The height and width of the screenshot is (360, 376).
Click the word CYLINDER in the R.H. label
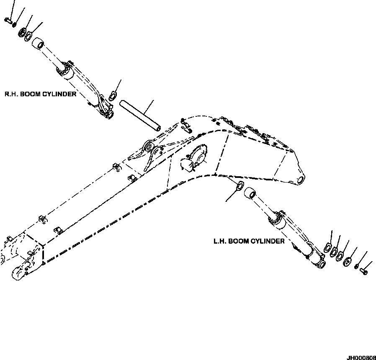point(60,94)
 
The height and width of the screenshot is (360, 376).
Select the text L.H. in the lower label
point(219,241)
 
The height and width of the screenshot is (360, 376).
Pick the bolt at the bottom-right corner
point(363,272)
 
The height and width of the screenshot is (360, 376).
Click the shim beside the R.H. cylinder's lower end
point(112,96)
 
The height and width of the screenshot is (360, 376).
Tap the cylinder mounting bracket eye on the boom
point(148,147)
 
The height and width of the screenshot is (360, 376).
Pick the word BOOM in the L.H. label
point(237,241)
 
